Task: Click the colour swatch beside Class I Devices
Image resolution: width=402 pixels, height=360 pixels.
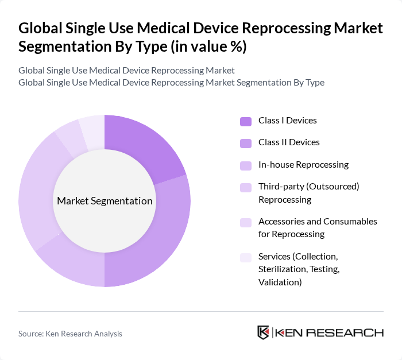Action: click(x=245, y=121)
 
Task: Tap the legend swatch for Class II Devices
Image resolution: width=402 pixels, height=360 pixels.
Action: click(x=245, y=143)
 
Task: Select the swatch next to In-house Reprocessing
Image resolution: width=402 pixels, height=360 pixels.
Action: click(x=245, y=165)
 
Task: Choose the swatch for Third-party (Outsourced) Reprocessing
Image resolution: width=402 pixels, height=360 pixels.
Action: click(x=245, y=187)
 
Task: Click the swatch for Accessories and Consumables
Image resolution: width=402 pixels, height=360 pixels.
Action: click(x=245, y=222)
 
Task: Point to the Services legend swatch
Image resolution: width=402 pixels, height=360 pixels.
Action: click(x=245, y=257)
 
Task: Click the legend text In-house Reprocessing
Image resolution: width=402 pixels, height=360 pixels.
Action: click(x=303, y=165)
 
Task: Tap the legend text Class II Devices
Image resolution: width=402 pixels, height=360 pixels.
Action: click(x=289, y=142)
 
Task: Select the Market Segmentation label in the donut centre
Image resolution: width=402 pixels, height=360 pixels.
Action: click(x=105, y=201)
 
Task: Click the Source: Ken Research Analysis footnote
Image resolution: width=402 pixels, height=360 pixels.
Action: click(x=70, y=334)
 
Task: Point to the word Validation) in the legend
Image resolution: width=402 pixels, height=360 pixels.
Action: click(x=280, y=282)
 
